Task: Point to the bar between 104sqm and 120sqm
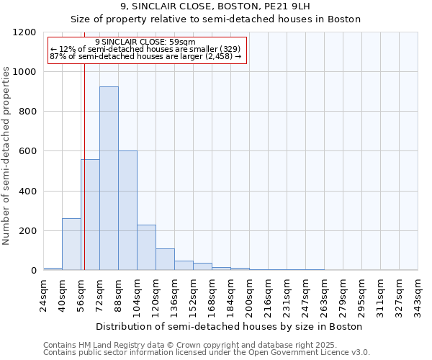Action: [x=146, y=248]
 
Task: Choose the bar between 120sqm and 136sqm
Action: [x=165, y=259]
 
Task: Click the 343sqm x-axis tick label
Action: [x=418, y=293]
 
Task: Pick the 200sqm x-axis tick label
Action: [x=250, y=293]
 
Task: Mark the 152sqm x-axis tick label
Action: [x=194, y=293]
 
